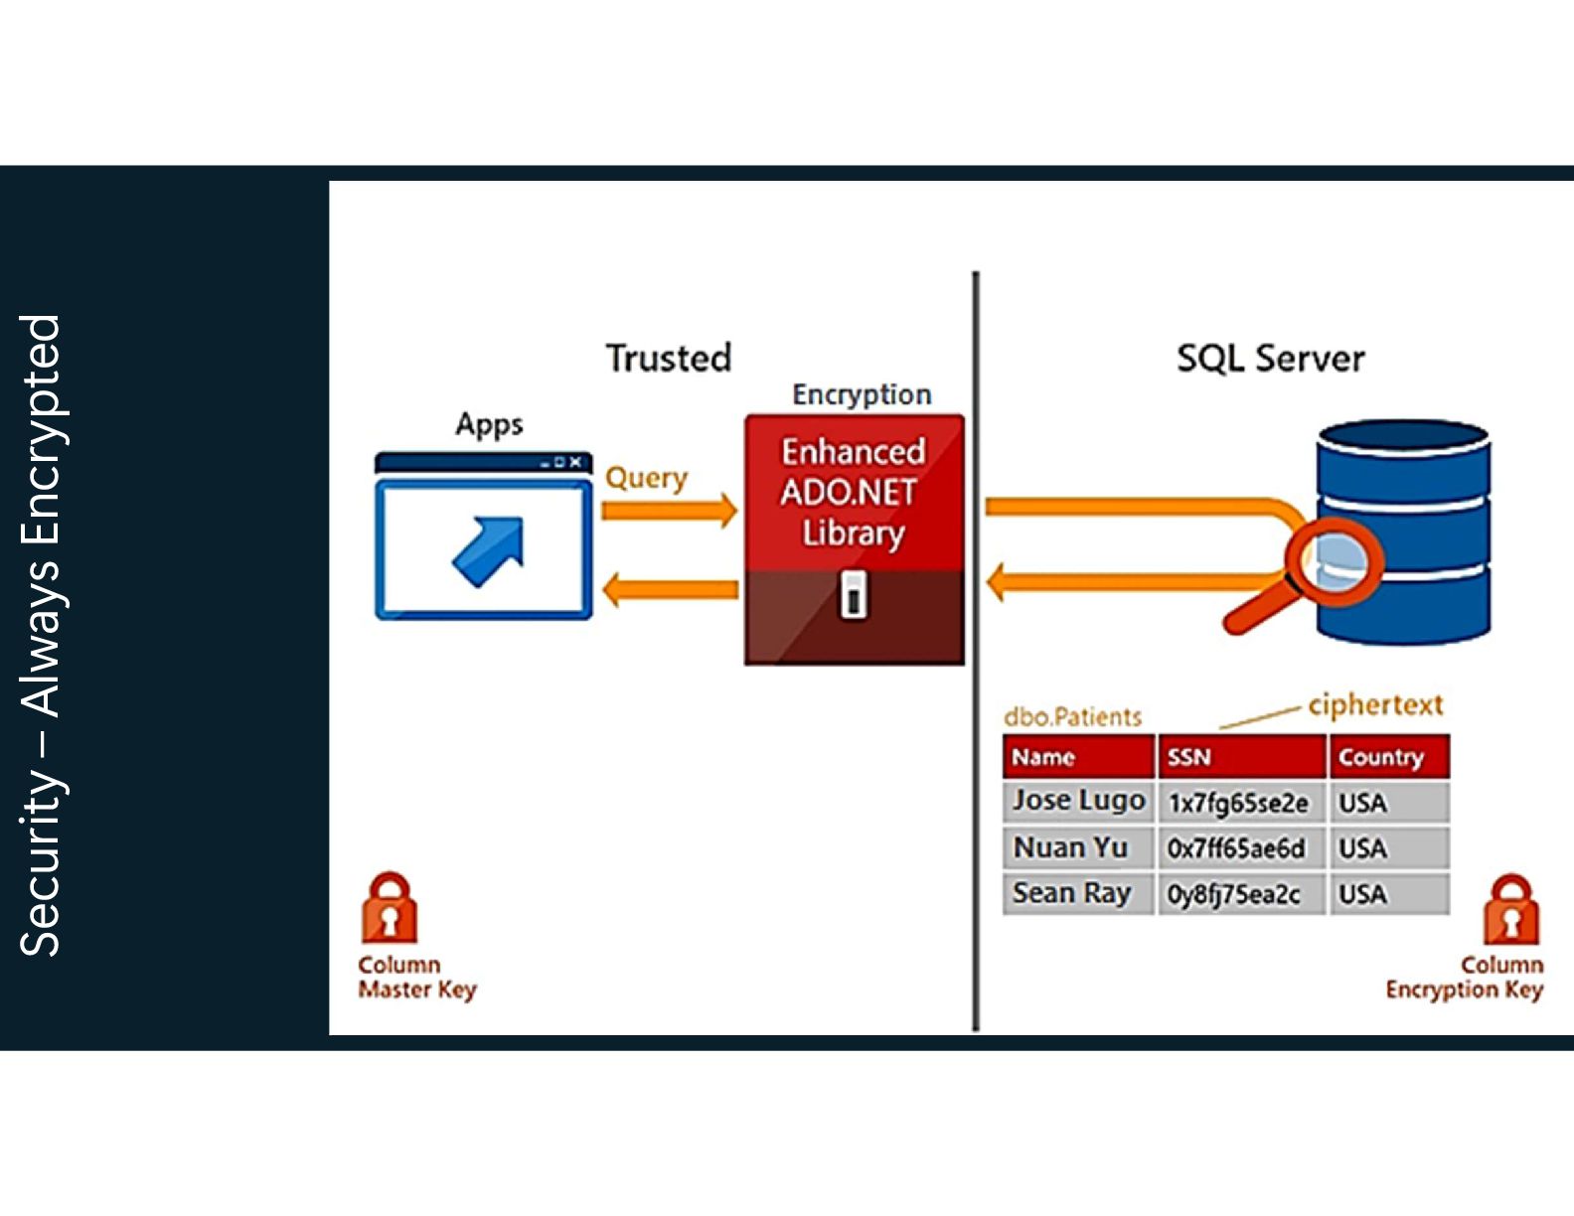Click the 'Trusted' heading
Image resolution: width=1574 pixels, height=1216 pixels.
pos(669,359)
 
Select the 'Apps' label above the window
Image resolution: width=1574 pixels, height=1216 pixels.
pos(489,424)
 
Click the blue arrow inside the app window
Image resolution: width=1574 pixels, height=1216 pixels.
pos(488,550)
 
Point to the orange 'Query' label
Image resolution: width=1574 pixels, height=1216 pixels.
pos(646,479)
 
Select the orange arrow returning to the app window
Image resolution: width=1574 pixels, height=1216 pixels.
pos(671,589)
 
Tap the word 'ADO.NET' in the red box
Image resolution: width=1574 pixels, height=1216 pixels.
pos(849,493)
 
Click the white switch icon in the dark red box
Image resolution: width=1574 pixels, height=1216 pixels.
pos(854,595)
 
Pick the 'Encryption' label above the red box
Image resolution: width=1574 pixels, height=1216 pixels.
pos(862,394)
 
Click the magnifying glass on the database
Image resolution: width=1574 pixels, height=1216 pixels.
pos(1304,576)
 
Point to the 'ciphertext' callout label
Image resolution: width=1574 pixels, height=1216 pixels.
pos(1375,704)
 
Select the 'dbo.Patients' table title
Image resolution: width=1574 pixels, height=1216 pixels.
pos(1072,717)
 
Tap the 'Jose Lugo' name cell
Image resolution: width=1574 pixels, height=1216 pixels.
pos(1078,801)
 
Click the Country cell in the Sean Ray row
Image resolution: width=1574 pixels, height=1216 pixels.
pos(1389,894)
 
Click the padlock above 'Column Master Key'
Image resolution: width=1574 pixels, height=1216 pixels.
pos(390,907)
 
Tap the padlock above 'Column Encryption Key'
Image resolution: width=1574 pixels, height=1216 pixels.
pos(1511,909)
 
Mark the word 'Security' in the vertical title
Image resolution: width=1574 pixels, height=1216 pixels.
pos(41,862)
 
